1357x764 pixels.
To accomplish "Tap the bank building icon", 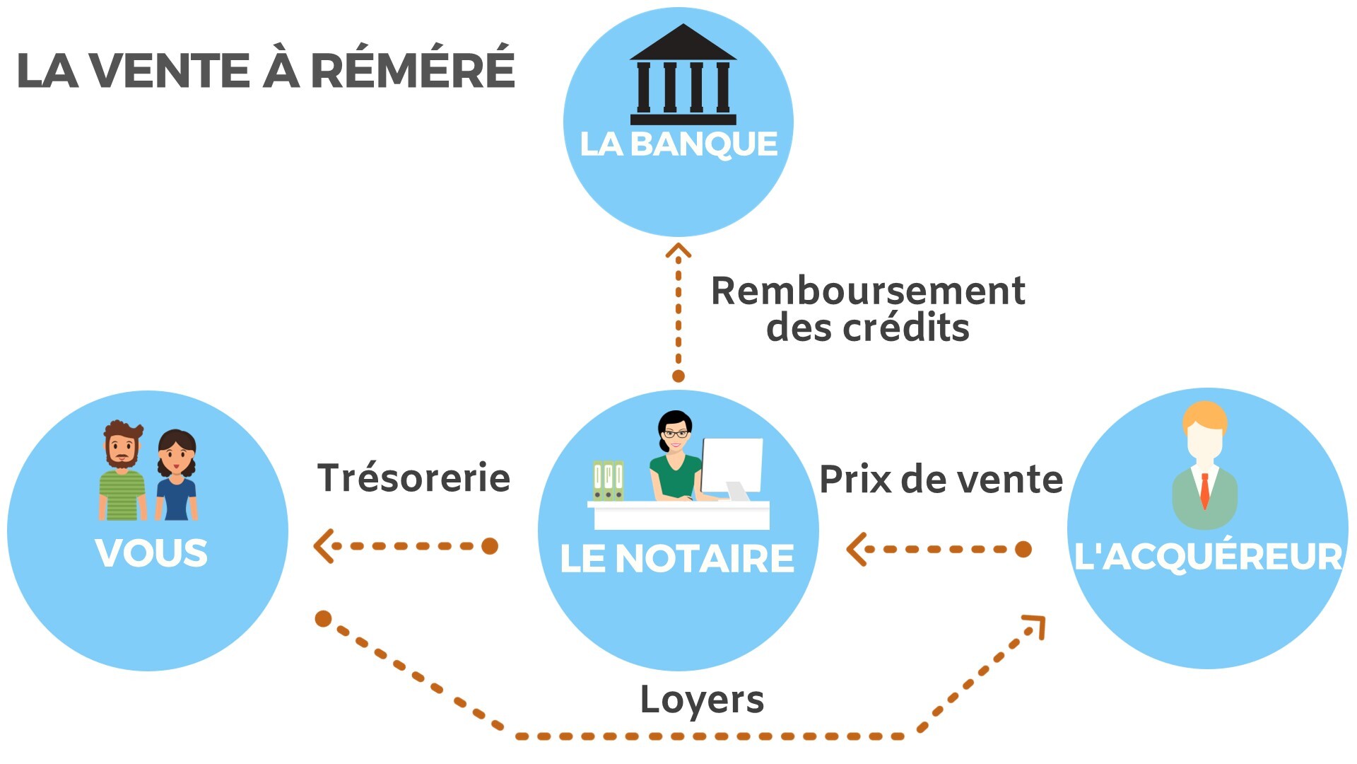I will pos(683,75).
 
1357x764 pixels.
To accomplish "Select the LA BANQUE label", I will pos(678,144).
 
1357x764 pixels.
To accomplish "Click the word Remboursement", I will pos(868,291).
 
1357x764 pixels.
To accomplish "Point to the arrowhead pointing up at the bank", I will pos(678,250).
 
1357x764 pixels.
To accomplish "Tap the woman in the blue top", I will pos(177,476).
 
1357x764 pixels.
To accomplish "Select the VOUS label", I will pos(151,553).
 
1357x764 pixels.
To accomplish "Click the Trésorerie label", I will pos(413,478).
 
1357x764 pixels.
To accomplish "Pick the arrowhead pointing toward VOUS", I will pos(324,546).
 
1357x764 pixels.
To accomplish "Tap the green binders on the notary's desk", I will pos(608,481).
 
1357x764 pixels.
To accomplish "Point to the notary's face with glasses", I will pos(675,433).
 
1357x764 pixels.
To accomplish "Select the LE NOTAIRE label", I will pos(677,559).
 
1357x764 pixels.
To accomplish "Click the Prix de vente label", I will pos(941,480).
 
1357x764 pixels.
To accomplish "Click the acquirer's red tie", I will pos(1205,490).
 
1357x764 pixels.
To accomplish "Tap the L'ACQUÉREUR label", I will pos(1207,556).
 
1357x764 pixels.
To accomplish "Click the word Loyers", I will pos(702,700).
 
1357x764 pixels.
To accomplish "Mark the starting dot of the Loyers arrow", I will pos(324,619).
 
